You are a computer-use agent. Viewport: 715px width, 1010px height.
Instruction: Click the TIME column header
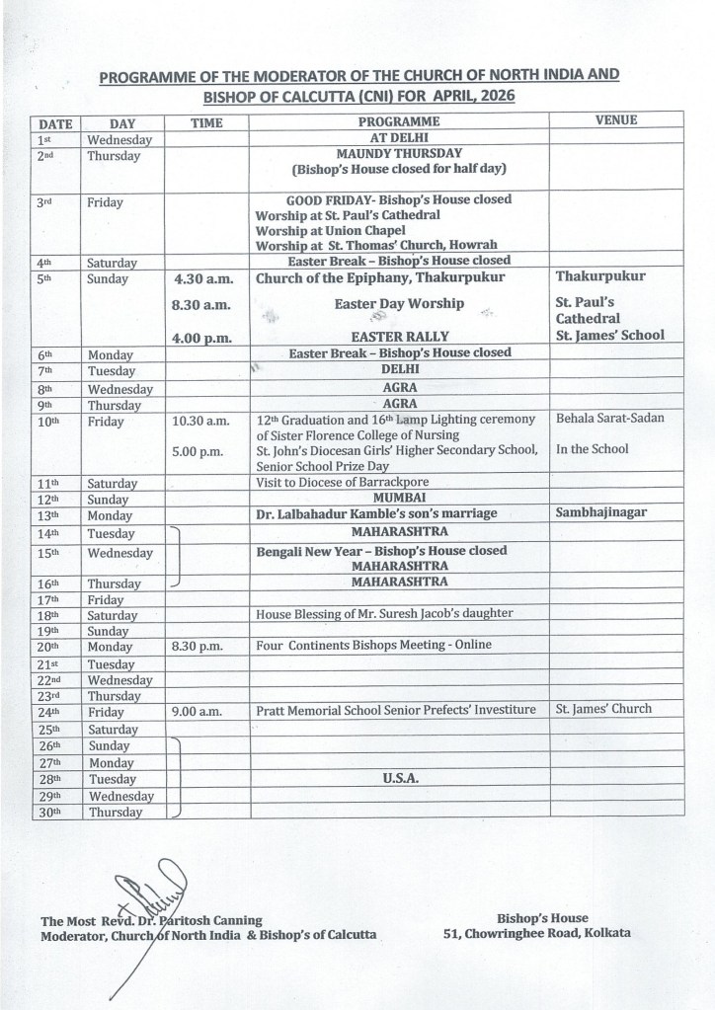[206, 121]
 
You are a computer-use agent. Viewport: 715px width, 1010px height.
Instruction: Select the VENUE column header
[616, 120]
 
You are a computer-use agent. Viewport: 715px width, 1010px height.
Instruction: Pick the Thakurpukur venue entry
[600, 277]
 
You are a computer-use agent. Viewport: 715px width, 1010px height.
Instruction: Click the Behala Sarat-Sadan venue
[609, 419]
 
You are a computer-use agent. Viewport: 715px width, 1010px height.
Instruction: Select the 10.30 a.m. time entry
[201, 422]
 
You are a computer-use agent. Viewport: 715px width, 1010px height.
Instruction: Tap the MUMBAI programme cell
[399, 499]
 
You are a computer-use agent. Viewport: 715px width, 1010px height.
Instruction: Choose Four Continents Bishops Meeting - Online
[373, 646]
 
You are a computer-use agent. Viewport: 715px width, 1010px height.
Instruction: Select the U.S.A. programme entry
[399, 778]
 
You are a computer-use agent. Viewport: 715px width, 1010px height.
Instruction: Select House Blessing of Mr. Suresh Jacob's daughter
[384, 613]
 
